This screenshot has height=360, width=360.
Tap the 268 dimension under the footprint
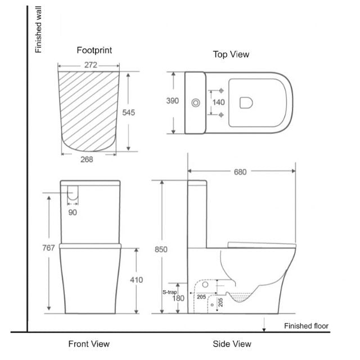click(86, 159)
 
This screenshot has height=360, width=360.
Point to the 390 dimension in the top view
click(172, 101)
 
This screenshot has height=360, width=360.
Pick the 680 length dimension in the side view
click(240, 172)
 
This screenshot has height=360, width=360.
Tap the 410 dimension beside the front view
click(136, 280)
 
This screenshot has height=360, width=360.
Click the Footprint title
click(94, 50)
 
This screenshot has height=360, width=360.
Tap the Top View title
click(231, 55)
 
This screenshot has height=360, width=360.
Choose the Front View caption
click(89, 344)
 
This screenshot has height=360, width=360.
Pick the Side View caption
click(232, 344)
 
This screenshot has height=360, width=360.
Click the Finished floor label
click(306, 326)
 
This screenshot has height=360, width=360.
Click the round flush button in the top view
click(196, 103)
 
